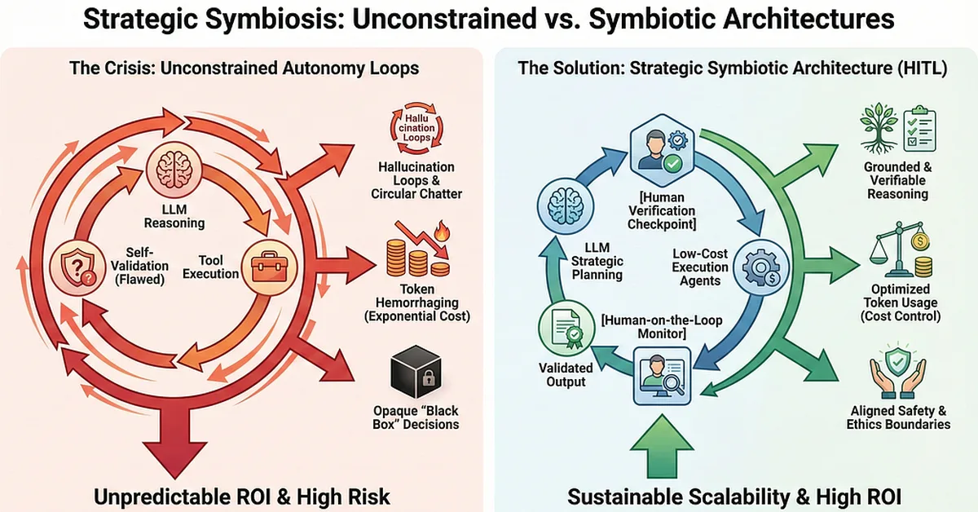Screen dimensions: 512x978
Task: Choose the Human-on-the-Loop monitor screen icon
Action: [662, 373]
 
